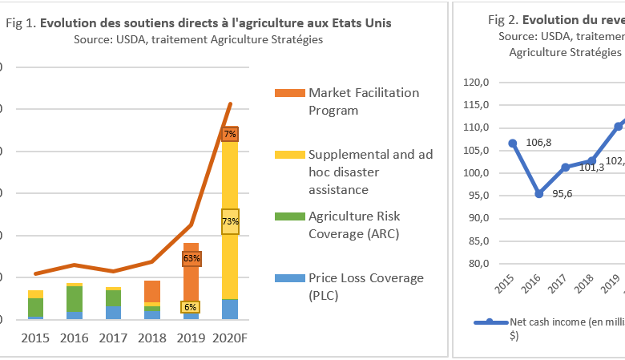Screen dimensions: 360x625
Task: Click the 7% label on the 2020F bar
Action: click(230, 134)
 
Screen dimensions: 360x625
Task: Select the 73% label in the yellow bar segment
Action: click(230, 221)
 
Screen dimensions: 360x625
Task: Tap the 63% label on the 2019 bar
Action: click(192, 258)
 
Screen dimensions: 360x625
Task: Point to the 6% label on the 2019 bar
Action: click(191, 307)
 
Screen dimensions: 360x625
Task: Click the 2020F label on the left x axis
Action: click(230, 338)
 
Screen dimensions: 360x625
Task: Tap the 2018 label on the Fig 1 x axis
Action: click(152, 338)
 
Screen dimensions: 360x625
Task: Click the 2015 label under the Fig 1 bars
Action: click(35, 338)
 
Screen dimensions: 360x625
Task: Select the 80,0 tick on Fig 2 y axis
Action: click(478, 264)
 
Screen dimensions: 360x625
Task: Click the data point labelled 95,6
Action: click(538, 193)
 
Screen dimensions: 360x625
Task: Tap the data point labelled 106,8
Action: click(513, 143)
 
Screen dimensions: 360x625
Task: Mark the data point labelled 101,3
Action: click(565, 167)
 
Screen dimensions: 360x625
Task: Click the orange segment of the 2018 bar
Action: click(152, 291)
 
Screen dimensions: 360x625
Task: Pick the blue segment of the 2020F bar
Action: click(230, 309)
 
